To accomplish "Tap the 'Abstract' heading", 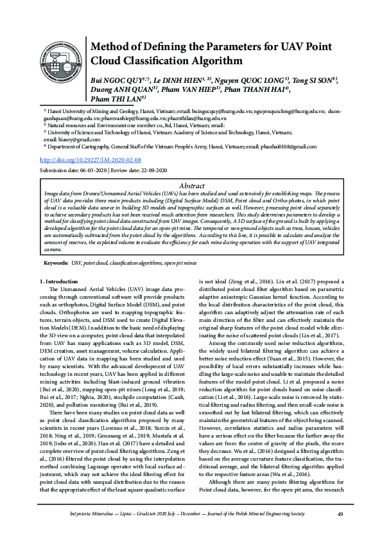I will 192,184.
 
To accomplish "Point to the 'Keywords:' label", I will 56,263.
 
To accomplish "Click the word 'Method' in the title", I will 113,47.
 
